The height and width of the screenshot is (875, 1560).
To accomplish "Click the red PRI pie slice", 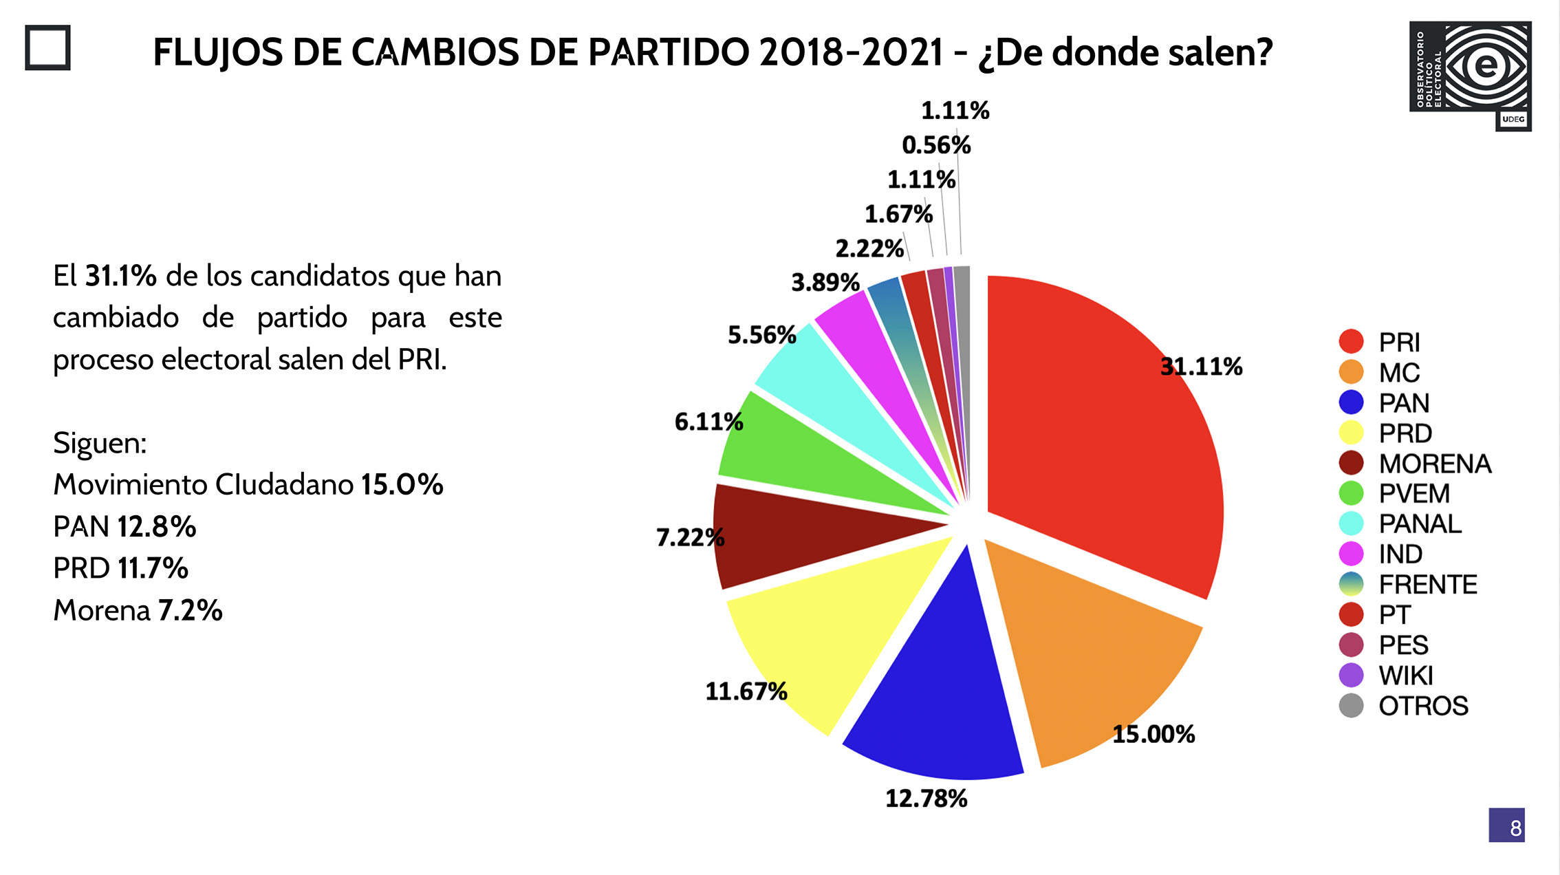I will pyautogui.click(x=1101, y=440).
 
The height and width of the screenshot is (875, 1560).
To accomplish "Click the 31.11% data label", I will pyautogui.click(x=1201, y=367).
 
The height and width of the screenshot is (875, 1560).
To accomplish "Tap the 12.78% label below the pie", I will pyautogui.click(x=926, y=799).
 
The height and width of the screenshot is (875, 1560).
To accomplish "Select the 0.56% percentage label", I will pyautogui.click(x=936, y=145).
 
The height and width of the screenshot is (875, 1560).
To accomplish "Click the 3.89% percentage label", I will pyautogui.click(x=825, y=282).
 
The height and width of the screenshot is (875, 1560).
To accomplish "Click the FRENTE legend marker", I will pyautogui.click(x=1351, y=584).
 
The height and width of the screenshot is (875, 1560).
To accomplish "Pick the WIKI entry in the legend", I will pyautogui.click(x=1405, y=676).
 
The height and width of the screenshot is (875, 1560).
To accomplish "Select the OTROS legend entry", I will pyautogui.click(x=1422, y=706).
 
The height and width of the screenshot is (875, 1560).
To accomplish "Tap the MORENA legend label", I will pyautogui.click(x=1435, y=464).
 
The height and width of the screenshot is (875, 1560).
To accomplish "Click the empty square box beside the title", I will pyautogui.click(x=47, y=47).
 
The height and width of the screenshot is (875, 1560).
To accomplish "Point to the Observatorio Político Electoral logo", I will pyautogui.click(x=1470, y=75).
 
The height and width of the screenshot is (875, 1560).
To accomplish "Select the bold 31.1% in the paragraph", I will pyautogui.click(x=120, y=277).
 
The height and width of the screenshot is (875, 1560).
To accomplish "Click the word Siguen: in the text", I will pyautogui.click(x=100, y=443).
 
